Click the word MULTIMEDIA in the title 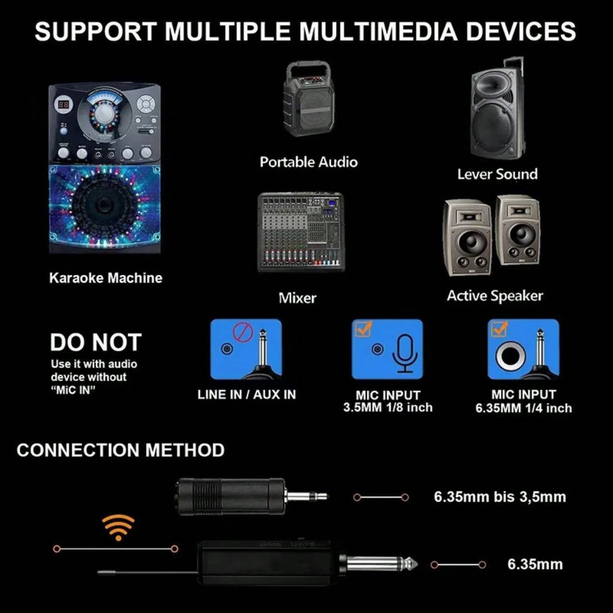coord(378,31)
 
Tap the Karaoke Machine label coord(105,278)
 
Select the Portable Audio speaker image coord(309,99)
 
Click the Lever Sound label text coord(497,174)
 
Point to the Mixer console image coord(301,232)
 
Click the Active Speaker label coord(495,296)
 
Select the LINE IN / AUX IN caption coord(247,394)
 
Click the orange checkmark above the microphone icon coord(363,329)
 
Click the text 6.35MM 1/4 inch coord(523,408)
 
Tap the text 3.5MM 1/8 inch coord(388,407)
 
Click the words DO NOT coord(96,342)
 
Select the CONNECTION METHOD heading coord(120,450)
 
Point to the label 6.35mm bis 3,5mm coord(500,497)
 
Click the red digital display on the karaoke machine coord(63,104)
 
